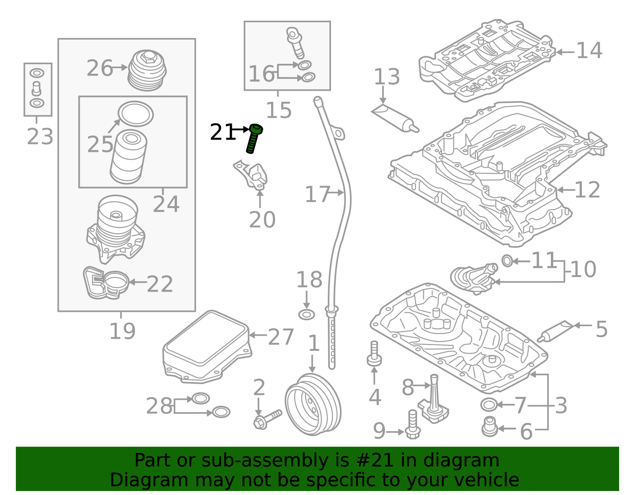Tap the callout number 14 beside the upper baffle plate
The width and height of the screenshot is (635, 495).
(589, 51)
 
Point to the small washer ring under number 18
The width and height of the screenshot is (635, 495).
(306, 315)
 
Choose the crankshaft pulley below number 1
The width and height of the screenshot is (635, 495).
(313, 404)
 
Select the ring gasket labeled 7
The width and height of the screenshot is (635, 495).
(489, 405)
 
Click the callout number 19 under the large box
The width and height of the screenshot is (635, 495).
(122, 331)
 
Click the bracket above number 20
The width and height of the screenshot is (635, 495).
(252, 174)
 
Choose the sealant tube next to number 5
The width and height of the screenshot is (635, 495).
(556, 331)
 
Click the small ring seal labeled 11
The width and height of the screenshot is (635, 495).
(507, 261)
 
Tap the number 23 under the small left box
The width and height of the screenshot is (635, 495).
(40, 137)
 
